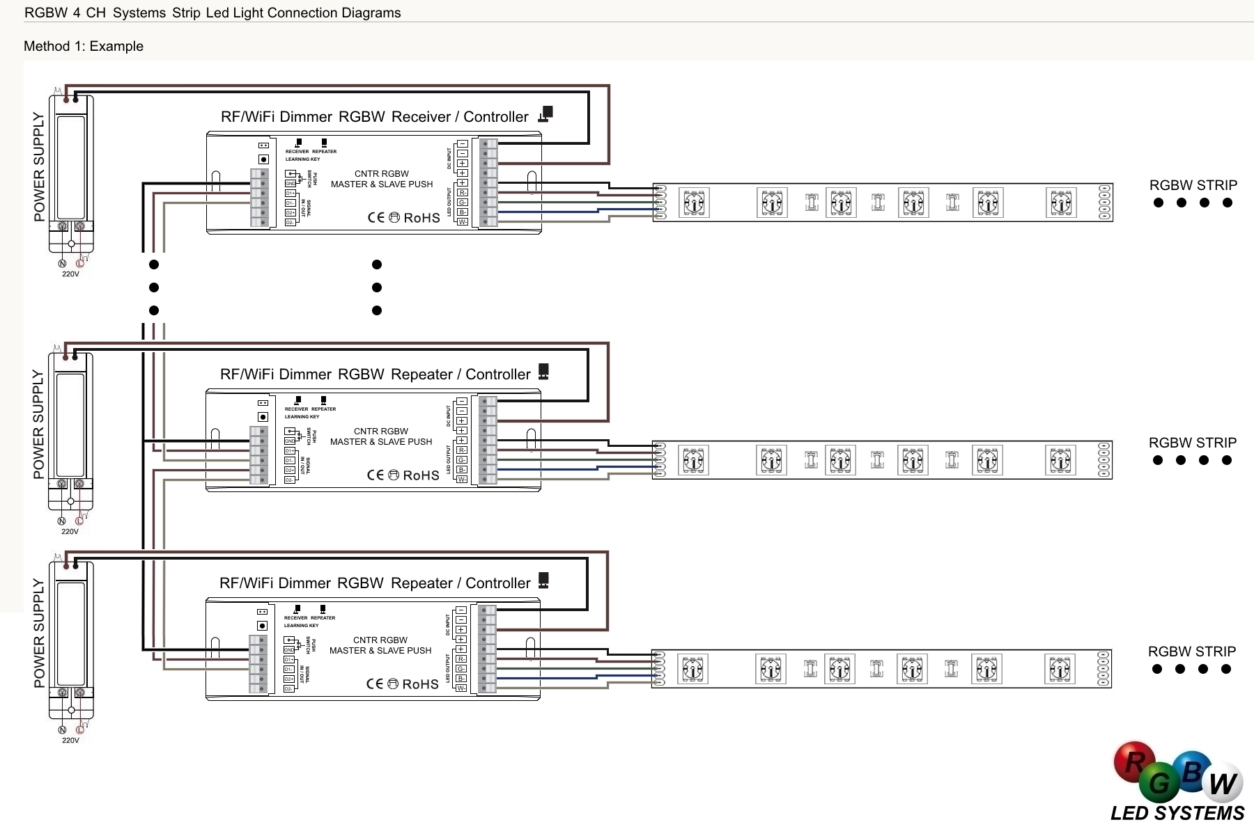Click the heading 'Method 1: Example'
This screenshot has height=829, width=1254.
84,47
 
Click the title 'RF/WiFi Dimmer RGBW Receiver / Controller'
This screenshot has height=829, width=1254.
374,117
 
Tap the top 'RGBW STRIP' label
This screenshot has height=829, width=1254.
1193,185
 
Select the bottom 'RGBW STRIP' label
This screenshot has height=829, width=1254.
1191,652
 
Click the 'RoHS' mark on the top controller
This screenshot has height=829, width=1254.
421,218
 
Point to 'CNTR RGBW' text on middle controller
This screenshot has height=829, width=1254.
381,432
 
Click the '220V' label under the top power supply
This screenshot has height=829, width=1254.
70,274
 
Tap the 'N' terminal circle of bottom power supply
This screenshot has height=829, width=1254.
62,730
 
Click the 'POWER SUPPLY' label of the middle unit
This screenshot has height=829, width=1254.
38,424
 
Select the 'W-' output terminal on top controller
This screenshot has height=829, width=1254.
462,222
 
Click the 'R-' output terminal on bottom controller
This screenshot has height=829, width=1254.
460,659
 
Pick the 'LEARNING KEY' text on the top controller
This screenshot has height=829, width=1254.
302,159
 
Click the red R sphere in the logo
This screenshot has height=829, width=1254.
1133,761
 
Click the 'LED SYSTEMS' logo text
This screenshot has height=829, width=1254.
1177,814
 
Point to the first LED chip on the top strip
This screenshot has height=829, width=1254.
694,203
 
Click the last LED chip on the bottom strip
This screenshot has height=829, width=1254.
1059,670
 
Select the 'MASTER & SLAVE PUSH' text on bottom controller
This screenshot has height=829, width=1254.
380,651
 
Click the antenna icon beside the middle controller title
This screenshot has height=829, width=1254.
543,372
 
